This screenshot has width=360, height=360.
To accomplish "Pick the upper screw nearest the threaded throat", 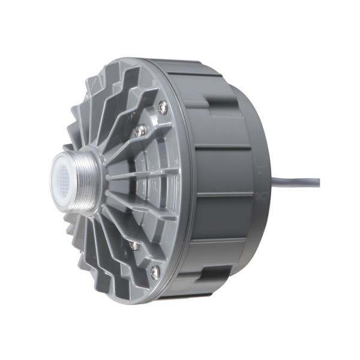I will [x=140, y=130].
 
